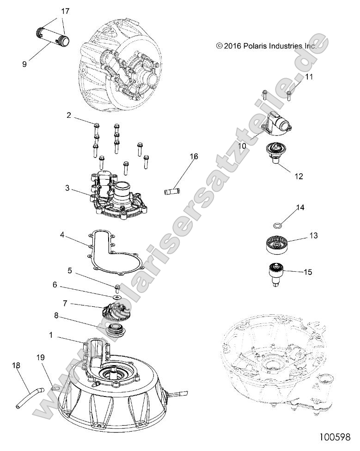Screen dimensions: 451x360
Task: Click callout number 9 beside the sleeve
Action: (24, 64)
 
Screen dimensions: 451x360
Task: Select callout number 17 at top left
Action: (66, 11)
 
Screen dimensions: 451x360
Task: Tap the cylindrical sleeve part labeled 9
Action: (52, 37)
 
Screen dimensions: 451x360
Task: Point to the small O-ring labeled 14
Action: (278, 226)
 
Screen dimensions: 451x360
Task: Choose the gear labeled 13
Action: (278, 243)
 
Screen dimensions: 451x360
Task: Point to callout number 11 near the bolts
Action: (309, 77)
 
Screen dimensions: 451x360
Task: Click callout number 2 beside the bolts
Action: (68, 116)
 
